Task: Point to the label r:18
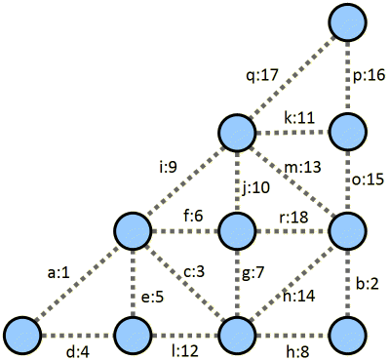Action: pos(289,218)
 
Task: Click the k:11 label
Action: pos(298,117)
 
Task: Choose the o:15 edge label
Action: pos(369,180)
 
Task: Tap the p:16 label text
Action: pos(368,75)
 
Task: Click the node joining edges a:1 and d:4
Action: pos(25,335)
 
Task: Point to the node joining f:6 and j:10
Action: pos(236,232)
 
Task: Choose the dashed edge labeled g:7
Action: pos(236,283)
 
